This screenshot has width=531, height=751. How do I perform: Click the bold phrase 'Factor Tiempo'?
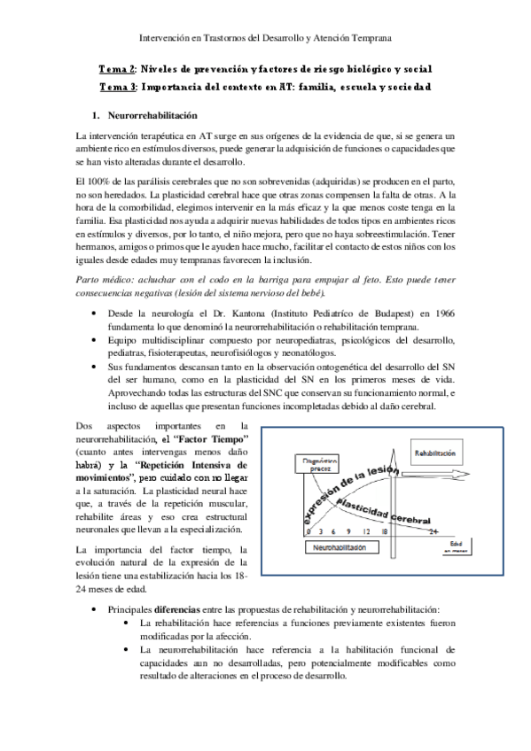tap(211, 439)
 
